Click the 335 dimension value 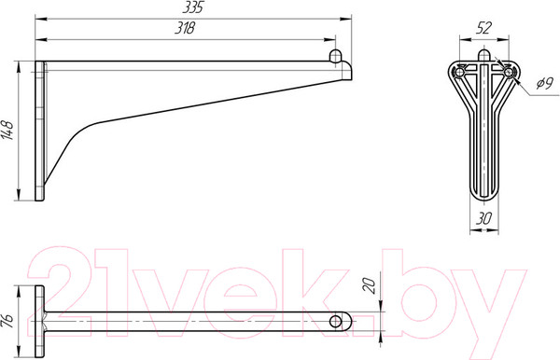pyautogui.click(x=193, y=7)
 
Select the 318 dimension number pyautogui.click(x=185, y=28)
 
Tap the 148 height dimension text pyautogui.click(x=7, y=131)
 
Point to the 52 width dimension pyautogui.click(x=483, y=28)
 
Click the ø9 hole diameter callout pyautogui.click(x=545, y=84)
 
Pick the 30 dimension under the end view pyautogui.click(x=483, y=218)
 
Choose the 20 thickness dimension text pyautogui.click(x=370, y=285)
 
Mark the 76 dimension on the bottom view pyautogui.click(x=7, y=321)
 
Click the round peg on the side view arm pyautogui.click(x=335, y=56)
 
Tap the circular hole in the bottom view pyautogui.click(x=335, y=322)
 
